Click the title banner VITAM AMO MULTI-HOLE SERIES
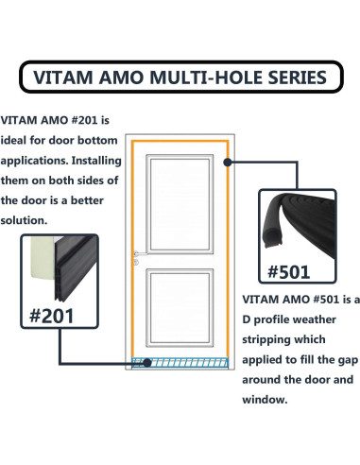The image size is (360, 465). pyautogui.click(x=180, y=77)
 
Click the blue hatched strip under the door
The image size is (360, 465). pyautogui.click(x=180, y=364)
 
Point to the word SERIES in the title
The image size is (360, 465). pyautogui.click(x=296, y=77)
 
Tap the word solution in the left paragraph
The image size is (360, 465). pyautogui.click(x=29, y=220)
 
